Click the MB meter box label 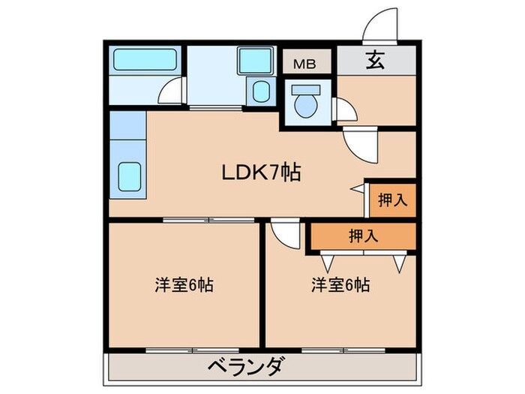304,62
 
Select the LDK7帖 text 261,173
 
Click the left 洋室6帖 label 184,285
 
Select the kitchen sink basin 130,176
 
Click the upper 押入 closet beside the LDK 392,200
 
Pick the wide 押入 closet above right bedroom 364,236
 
